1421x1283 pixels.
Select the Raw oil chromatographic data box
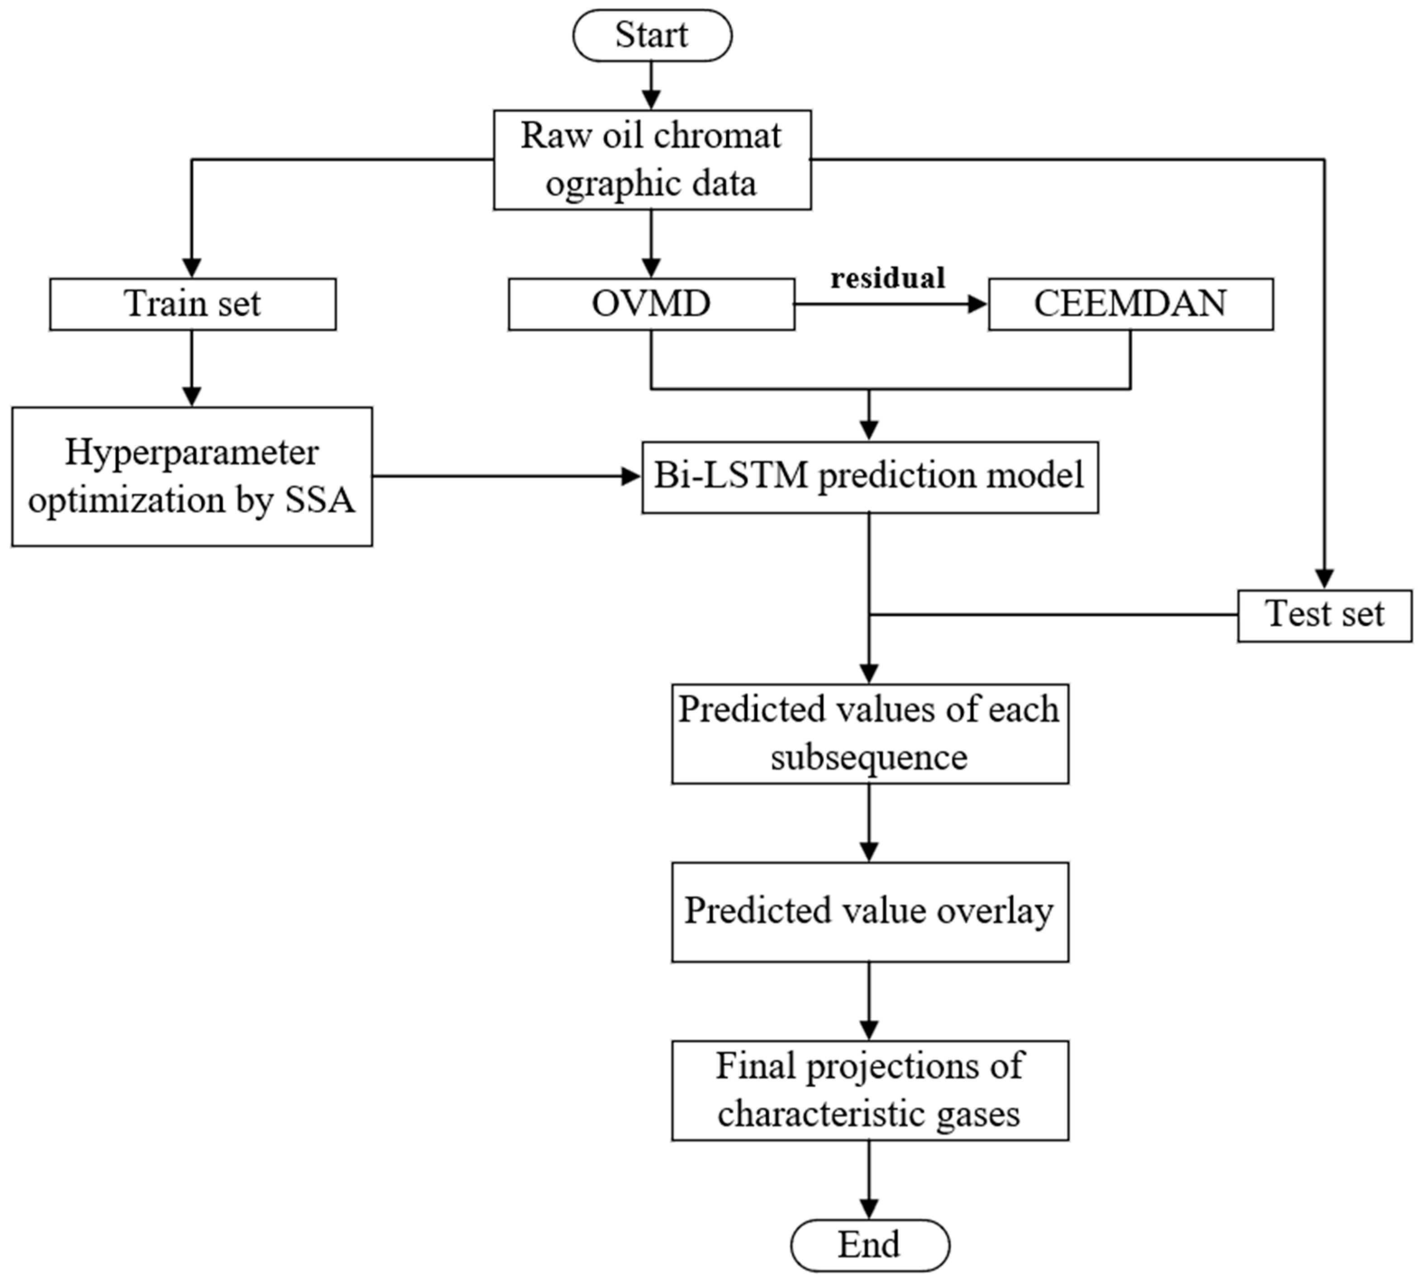point(652,159)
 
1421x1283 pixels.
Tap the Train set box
point(192,304)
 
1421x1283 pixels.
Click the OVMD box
point(651,304)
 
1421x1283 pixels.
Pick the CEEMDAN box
point(1131,304)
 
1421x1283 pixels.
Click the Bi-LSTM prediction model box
point(869,477)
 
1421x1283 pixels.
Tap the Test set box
point(1324,615)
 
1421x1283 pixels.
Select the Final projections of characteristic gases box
point(870,1090)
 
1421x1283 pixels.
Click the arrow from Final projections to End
point(869,1179)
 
